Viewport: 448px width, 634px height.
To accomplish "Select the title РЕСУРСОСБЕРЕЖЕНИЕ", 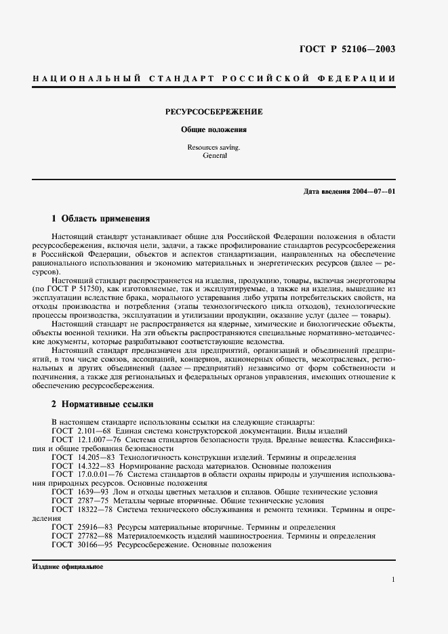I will tap(214, 111).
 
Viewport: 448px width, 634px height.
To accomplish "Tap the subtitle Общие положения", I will tap(213, 129).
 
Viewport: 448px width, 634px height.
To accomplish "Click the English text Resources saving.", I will tap(213, 147).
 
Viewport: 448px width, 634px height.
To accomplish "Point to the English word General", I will tap(213, 156).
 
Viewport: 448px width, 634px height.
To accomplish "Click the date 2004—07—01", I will tap(372, 192).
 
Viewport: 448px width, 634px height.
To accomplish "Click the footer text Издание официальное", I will tap(67, 566).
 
